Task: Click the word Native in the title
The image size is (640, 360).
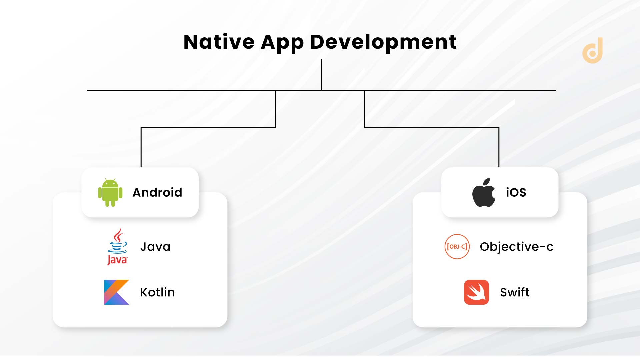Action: (219, 42)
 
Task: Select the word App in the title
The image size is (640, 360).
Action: (282, 43)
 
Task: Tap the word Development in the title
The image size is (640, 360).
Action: (383, 43)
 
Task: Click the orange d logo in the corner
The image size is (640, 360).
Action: (593, 51)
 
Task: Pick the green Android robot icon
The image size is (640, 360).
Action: (110, 193)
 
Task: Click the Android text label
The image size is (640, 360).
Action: (157, 193)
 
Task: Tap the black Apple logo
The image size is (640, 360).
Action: (484, 192)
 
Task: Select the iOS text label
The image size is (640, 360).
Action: (516, 193)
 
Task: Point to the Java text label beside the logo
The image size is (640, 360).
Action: (155, 247)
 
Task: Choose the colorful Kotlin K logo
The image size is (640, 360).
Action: (116, 292)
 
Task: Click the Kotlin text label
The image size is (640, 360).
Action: (157, 292)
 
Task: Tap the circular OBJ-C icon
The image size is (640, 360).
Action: (457, 247)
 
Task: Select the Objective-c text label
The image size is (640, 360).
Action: (516, 247)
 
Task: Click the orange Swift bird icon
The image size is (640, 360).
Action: (476, 292)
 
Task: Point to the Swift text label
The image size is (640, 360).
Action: (515, 292)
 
